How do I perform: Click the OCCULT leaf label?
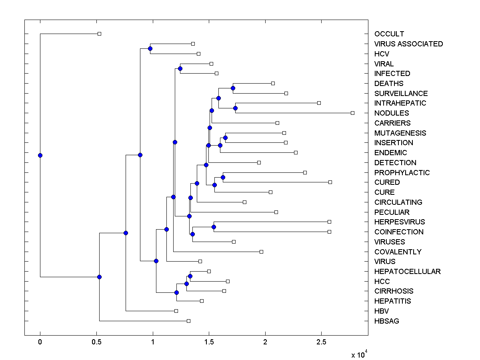click(389, 34)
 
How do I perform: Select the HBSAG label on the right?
click(386, 321)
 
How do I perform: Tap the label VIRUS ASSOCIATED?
click(408, 44)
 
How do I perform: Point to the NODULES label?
click(392, 113)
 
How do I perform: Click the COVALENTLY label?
click(398, 252)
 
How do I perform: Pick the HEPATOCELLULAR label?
click(407, 272)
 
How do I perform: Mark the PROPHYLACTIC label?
click(402, 173)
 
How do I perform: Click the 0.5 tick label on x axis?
click(96, 342)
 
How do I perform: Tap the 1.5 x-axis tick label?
click(209, 342)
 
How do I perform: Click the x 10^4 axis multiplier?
click(359, 354)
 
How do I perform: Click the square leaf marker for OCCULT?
click(100, 34)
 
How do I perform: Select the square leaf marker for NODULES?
click(352, 113)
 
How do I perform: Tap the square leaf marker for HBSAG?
click(188, 321)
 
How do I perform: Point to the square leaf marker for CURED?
click(330, 182)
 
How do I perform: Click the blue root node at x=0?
click(40, 155)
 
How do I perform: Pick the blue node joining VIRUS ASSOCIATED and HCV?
click(150, 49)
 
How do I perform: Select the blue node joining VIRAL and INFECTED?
click(180, 69)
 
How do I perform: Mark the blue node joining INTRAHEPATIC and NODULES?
click(235, 108)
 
